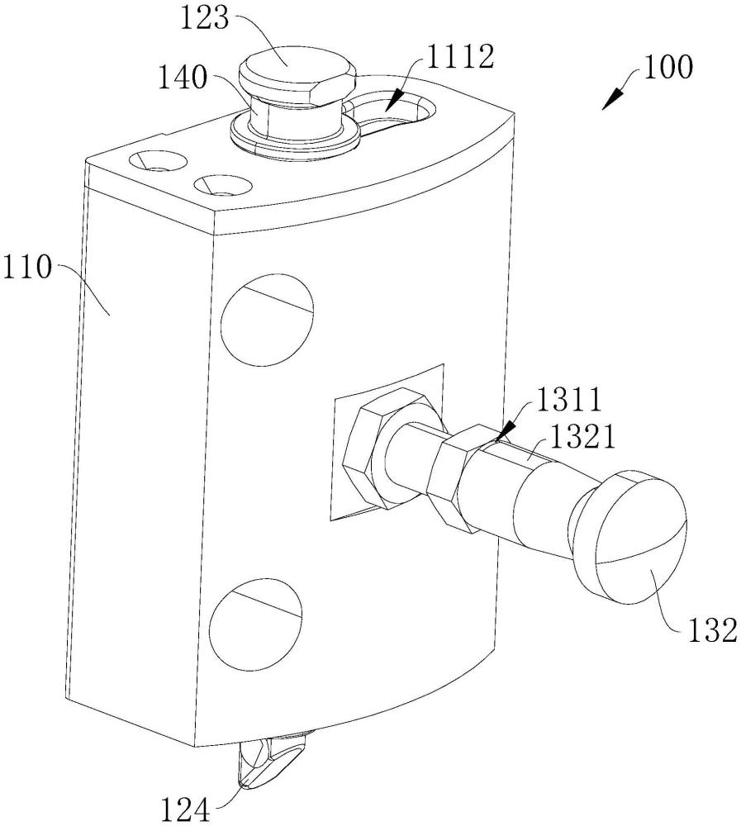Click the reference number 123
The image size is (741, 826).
pyautogui.click(x=205, y=18)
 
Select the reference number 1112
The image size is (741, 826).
pyautogui.click(x=460, y=56)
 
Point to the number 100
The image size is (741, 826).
pyautogui.click(x=667, y=68)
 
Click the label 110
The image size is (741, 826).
pyautogui.click(x=27, y=268)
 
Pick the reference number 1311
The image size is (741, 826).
pyautogui.click(x=568, y=400)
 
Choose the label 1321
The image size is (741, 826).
pyautogui.click(x=582, y=437)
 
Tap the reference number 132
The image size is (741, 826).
pyautogui.click(x=711, y=629)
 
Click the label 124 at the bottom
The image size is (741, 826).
pyautogui.click(x=186, y=809)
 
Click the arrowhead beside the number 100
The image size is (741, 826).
pyautogui.click(x=614, y=99)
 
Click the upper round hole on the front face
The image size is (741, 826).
pyautogui.click(x=267, y=320)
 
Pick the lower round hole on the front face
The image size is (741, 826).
pyautogui.click(x=256, y=622)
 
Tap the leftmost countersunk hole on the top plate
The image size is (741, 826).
pyautogui.click(x=158, y=161)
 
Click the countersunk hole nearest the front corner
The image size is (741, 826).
pyautogui.click(x=222, y=184)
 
